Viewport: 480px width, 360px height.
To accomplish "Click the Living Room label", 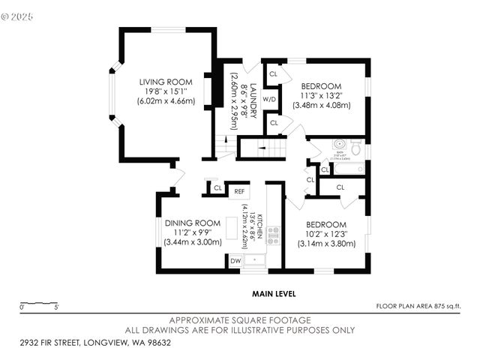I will [165, 82].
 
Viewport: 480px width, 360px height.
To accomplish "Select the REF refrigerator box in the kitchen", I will [239, 191].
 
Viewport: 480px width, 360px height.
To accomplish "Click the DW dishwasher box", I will [235, 260].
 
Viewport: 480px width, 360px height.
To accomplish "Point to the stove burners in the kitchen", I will [274, 235].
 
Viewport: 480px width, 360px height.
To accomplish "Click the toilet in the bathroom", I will [356, 148].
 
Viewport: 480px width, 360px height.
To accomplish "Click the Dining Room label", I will [193, 223].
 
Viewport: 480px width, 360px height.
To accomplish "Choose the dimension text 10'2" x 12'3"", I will [325, 234].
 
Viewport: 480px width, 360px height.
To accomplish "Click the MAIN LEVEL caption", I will [274, 294].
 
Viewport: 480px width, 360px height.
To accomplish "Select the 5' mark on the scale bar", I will [57, 306].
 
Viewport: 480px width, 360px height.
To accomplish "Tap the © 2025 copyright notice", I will [18, 15].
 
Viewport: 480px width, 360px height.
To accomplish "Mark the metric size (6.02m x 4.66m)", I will [166, 100].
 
